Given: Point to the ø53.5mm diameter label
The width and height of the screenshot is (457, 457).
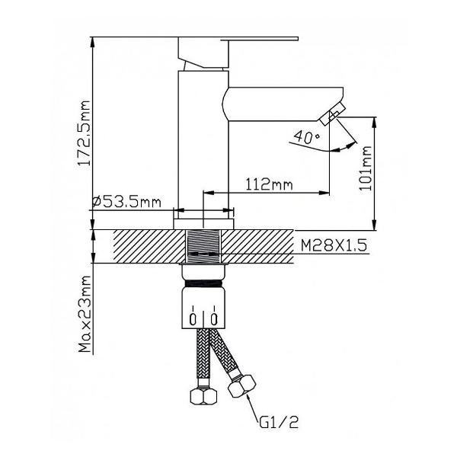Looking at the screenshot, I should [126, 202].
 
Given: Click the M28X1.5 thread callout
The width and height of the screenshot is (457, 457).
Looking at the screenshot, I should [335, 246].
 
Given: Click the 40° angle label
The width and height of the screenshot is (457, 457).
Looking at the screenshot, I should [306, 137].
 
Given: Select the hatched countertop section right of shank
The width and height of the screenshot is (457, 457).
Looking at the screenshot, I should [259, 245].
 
